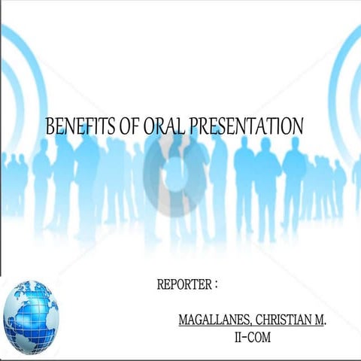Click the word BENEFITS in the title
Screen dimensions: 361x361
[77, 126]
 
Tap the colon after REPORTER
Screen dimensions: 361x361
[216, 285]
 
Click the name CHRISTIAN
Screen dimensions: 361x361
[287, 320]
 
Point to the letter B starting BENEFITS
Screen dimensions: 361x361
[50, 126]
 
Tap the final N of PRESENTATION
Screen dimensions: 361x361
[298, 126]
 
